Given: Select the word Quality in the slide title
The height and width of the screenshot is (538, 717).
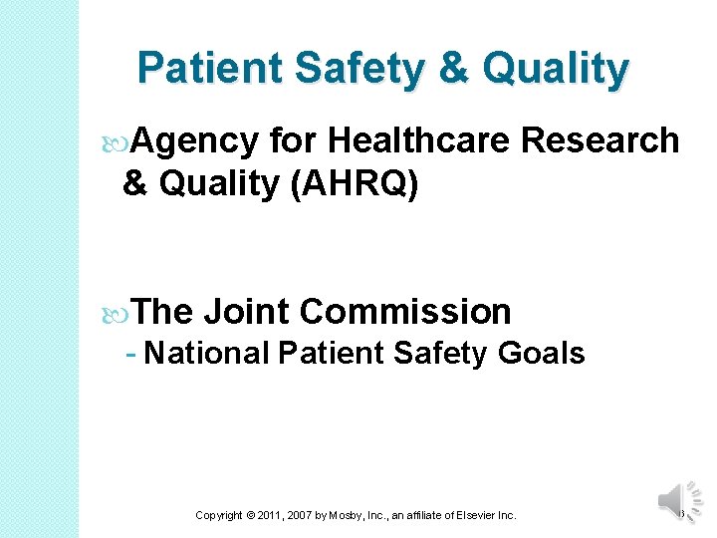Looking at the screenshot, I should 557,70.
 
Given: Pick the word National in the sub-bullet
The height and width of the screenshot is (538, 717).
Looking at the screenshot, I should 207,353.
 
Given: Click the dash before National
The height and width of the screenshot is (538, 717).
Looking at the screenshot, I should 131,354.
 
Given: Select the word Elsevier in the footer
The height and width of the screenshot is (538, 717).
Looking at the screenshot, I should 472,515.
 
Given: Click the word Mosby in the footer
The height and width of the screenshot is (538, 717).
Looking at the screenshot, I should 355,515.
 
